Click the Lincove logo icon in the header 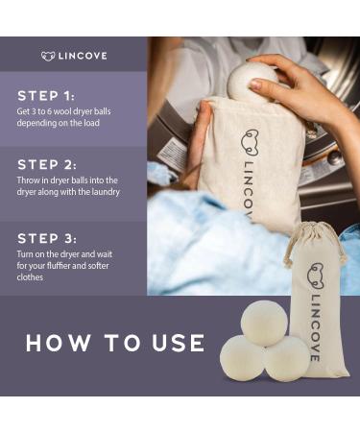tap(48, 56)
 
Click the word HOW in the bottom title tap(56, 343)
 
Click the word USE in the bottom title tap(175, 343)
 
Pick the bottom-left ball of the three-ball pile tap(243, 358)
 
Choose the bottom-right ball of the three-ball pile tap(286, 358)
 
